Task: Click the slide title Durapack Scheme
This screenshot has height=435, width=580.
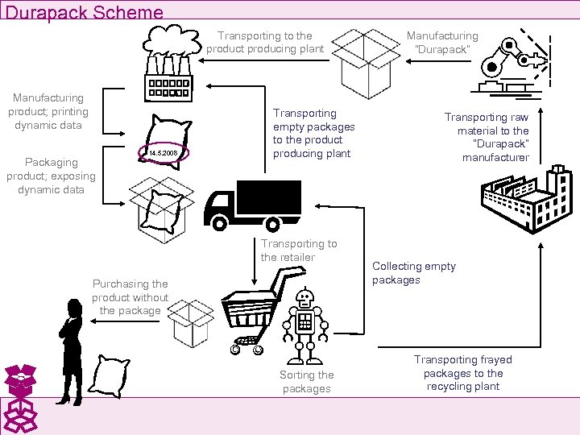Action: pos(84,12)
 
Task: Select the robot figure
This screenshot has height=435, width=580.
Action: pos(304,325)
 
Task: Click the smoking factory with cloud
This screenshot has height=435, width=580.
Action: pos(170,64)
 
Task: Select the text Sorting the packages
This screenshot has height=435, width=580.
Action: pos(306,382)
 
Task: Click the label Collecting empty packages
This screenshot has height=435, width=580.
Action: pos(413,273)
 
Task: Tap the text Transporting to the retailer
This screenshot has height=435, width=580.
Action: pos(298,251)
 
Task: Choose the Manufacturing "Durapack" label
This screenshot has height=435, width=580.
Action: pos(441,42)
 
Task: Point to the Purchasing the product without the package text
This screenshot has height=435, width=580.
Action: pos(130,296)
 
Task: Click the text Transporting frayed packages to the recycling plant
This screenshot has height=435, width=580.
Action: pos(462,373)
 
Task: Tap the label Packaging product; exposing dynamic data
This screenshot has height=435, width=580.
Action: pos(51,176)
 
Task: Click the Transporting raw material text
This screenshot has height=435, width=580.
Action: pos(487,137)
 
